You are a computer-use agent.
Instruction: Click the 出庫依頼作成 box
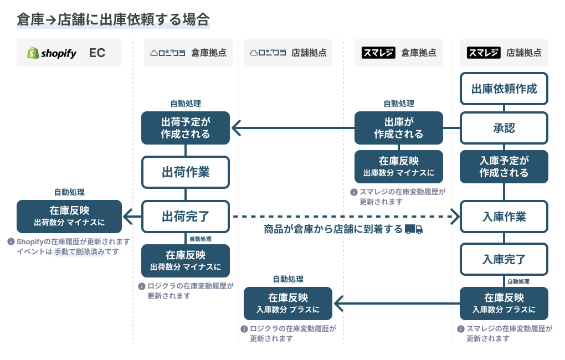pyautogui.click(x=504, y=89)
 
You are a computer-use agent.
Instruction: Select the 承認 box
pyautogui.click(x=504, y=128)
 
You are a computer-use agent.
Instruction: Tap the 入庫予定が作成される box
pyautogui.click(x=504, y=167)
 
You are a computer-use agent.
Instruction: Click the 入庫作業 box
pyautogui.click(x=504, y=216)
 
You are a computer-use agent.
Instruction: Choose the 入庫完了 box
pyautogui.click(x=504, y=259)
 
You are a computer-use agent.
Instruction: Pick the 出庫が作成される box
pyautogui.click(x=398, y=128)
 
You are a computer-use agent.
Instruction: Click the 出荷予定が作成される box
pyautogui.click(x=185, y=128)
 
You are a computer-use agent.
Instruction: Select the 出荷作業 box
pyautogui.click(x=185, y=172)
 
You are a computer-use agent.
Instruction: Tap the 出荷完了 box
pyautogui.click(x=185, y=216)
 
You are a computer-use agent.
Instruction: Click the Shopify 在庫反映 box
pyautogui.click(x=69, y=216)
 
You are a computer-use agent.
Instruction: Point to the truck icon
pyautogui.click(x=414, y=229)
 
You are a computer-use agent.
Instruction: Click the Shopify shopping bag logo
pyautogui.click(x=33, y=53)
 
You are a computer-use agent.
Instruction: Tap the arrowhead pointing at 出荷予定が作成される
pyautogui.click(x=235, y=128)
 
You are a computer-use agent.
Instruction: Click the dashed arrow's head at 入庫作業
pyautogui.click(x=455, y=216)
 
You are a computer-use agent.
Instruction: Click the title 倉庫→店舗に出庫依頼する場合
pyautogui.click(x=113, y=20)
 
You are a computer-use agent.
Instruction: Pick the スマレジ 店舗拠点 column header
pyautogui.click(x=504, y=53)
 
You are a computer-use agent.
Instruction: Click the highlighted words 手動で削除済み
pyautogui.click(x=79, y=251)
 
